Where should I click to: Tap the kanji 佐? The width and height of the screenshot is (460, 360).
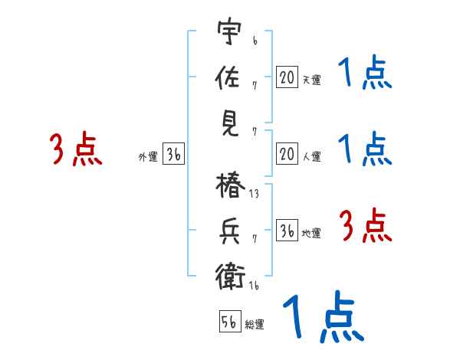click(x=228, y=77)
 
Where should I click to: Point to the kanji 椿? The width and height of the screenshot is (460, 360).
click(x=228, y=188)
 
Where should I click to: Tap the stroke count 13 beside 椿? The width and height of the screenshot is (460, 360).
click(x=254, y=195)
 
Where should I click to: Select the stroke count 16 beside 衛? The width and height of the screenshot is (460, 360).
click(x=254, y=286)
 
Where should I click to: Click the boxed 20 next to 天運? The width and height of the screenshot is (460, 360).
click(x=287, y=77)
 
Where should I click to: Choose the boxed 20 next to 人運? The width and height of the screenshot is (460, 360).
click(x=287, y=154)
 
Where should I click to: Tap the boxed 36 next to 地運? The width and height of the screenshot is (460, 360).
click(x=287, y=231)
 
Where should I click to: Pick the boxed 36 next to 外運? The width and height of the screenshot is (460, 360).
click(x=174, y=154)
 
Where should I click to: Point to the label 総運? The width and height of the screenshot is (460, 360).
click(x=255, y=325)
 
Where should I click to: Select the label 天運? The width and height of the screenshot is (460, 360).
click(x=311, y=80)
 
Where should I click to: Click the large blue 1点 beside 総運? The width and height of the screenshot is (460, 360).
click(x=320, y=316)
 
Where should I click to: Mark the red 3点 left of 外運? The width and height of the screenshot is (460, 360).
click(x=76, y=149)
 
